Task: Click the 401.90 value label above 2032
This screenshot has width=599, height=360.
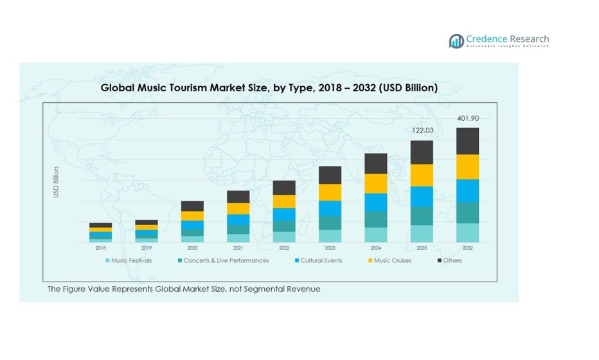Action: tap(468, 118)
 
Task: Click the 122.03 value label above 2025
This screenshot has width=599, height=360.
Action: tap(422, 130)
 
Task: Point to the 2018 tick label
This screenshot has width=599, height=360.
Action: tap(101, 248)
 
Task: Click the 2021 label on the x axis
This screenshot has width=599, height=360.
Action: tap(238, 248)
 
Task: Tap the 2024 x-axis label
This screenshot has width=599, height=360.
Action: tap(375, 248)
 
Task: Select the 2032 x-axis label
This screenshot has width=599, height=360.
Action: tap(467, 248)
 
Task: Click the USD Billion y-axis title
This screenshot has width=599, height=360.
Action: tap(57, 182)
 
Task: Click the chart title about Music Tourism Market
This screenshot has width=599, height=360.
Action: tap(269, 87)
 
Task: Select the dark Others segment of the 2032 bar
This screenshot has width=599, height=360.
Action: tap(467, 141)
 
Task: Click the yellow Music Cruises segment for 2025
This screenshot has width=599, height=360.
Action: tap(422, 175)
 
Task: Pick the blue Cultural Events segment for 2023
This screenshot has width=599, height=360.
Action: tap(330, 208)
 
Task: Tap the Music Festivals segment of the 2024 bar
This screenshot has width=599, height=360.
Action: tap(375, 235)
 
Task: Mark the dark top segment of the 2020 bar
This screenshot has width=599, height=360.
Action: tap(192, 206)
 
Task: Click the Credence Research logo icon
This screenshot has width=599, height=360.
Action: tap(456, 41)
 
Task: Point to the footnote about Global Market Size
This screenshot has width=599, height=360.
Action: tap(184, 289)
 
